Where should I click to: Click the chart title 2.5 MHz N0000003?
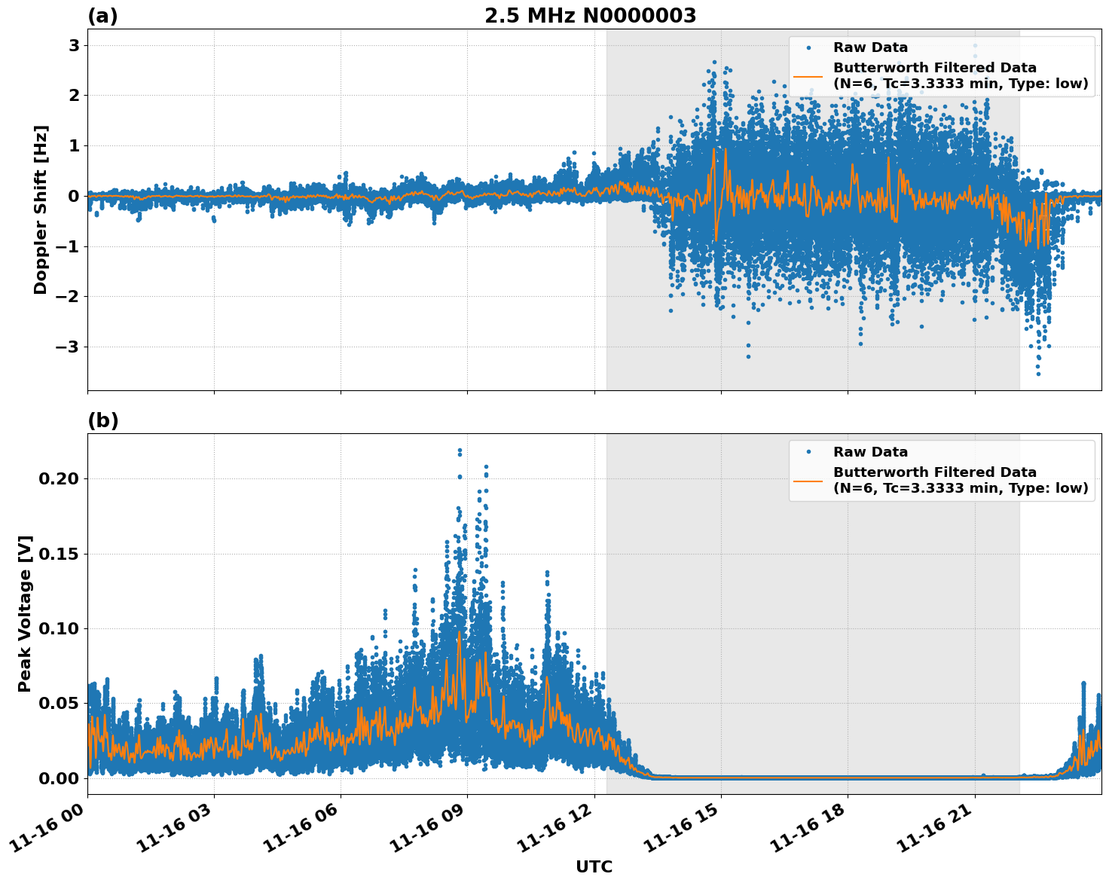tap(590, 16)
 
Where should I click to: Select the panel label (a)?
tap(102, 16)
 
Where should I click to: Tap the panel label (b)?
tap(102, 420)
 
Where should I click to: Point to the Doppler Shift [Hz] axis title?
tap(41, 209)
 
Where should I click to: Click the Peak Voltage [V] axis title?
tap(25, 613)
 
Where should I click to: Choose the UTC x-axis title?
tap(594, 866)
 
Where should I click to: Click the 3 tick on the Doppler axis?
tap(74, 45)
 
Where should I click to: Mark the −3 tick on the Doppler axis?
tap(68, 347)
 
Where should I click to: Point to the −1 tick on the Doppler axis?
tap(68, 246)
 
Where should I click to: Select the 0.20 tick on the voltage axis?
tap(58, 479)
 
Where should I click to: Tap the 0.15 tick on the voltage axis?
tap(58, 554)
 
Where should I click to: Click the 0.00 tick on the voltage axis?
tap(58, 778)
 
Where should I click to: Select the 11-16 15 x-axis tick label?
tap(682, 833)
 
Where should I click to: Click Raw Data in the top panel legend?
tap(870, 47)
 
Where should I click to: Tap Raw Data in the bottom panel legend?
tap(870, 452)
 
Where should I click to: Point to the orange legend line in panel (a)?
tap(808, 76)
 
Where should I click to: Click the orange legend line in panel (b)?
tap(808, 481)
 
